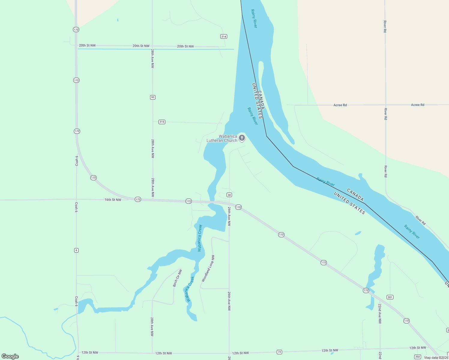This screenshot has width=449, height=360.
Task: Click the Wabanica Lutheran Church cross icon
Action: coord(242,138)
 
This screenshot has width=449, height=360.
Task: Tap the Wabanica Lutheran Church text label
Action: coord(222,138)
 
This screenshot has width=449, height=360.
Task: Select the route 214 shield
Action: coord(224,37)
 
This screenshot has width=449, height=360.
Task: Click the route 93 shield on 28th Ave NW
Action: coord(153,97)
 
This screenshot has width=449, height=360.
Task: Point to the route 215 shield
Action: coord(162,122)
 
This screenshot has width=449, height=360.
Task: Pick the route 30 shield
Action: coord(229,195)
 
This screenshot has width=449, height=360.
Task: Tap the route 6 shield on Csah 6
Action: coord(77,250)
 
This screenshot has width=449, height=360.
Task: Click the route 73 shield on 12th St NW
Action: coord(279,352)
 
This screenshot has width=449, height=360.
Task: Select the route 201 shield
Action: coord(390,297)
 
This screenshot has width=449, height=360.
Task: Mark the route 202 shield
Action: coord(417,357)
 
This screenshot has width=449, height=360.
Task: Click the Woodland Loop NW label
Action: coord(208,268)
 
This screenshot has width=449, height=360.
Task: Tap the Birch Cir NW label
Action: coord(177,278)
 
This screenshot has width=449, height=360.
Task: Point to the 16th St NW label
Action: coord(113,200)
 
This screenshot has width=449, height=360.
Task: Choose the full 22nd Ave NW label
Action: coord(380,313)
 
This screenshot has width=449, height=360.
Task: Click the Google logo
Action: coord(10,356)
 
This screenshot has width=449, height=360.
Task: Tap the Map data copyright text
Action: coord(436,358)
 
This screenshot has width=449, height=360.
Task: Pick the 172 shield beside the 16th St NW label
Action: coord(138,199)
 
